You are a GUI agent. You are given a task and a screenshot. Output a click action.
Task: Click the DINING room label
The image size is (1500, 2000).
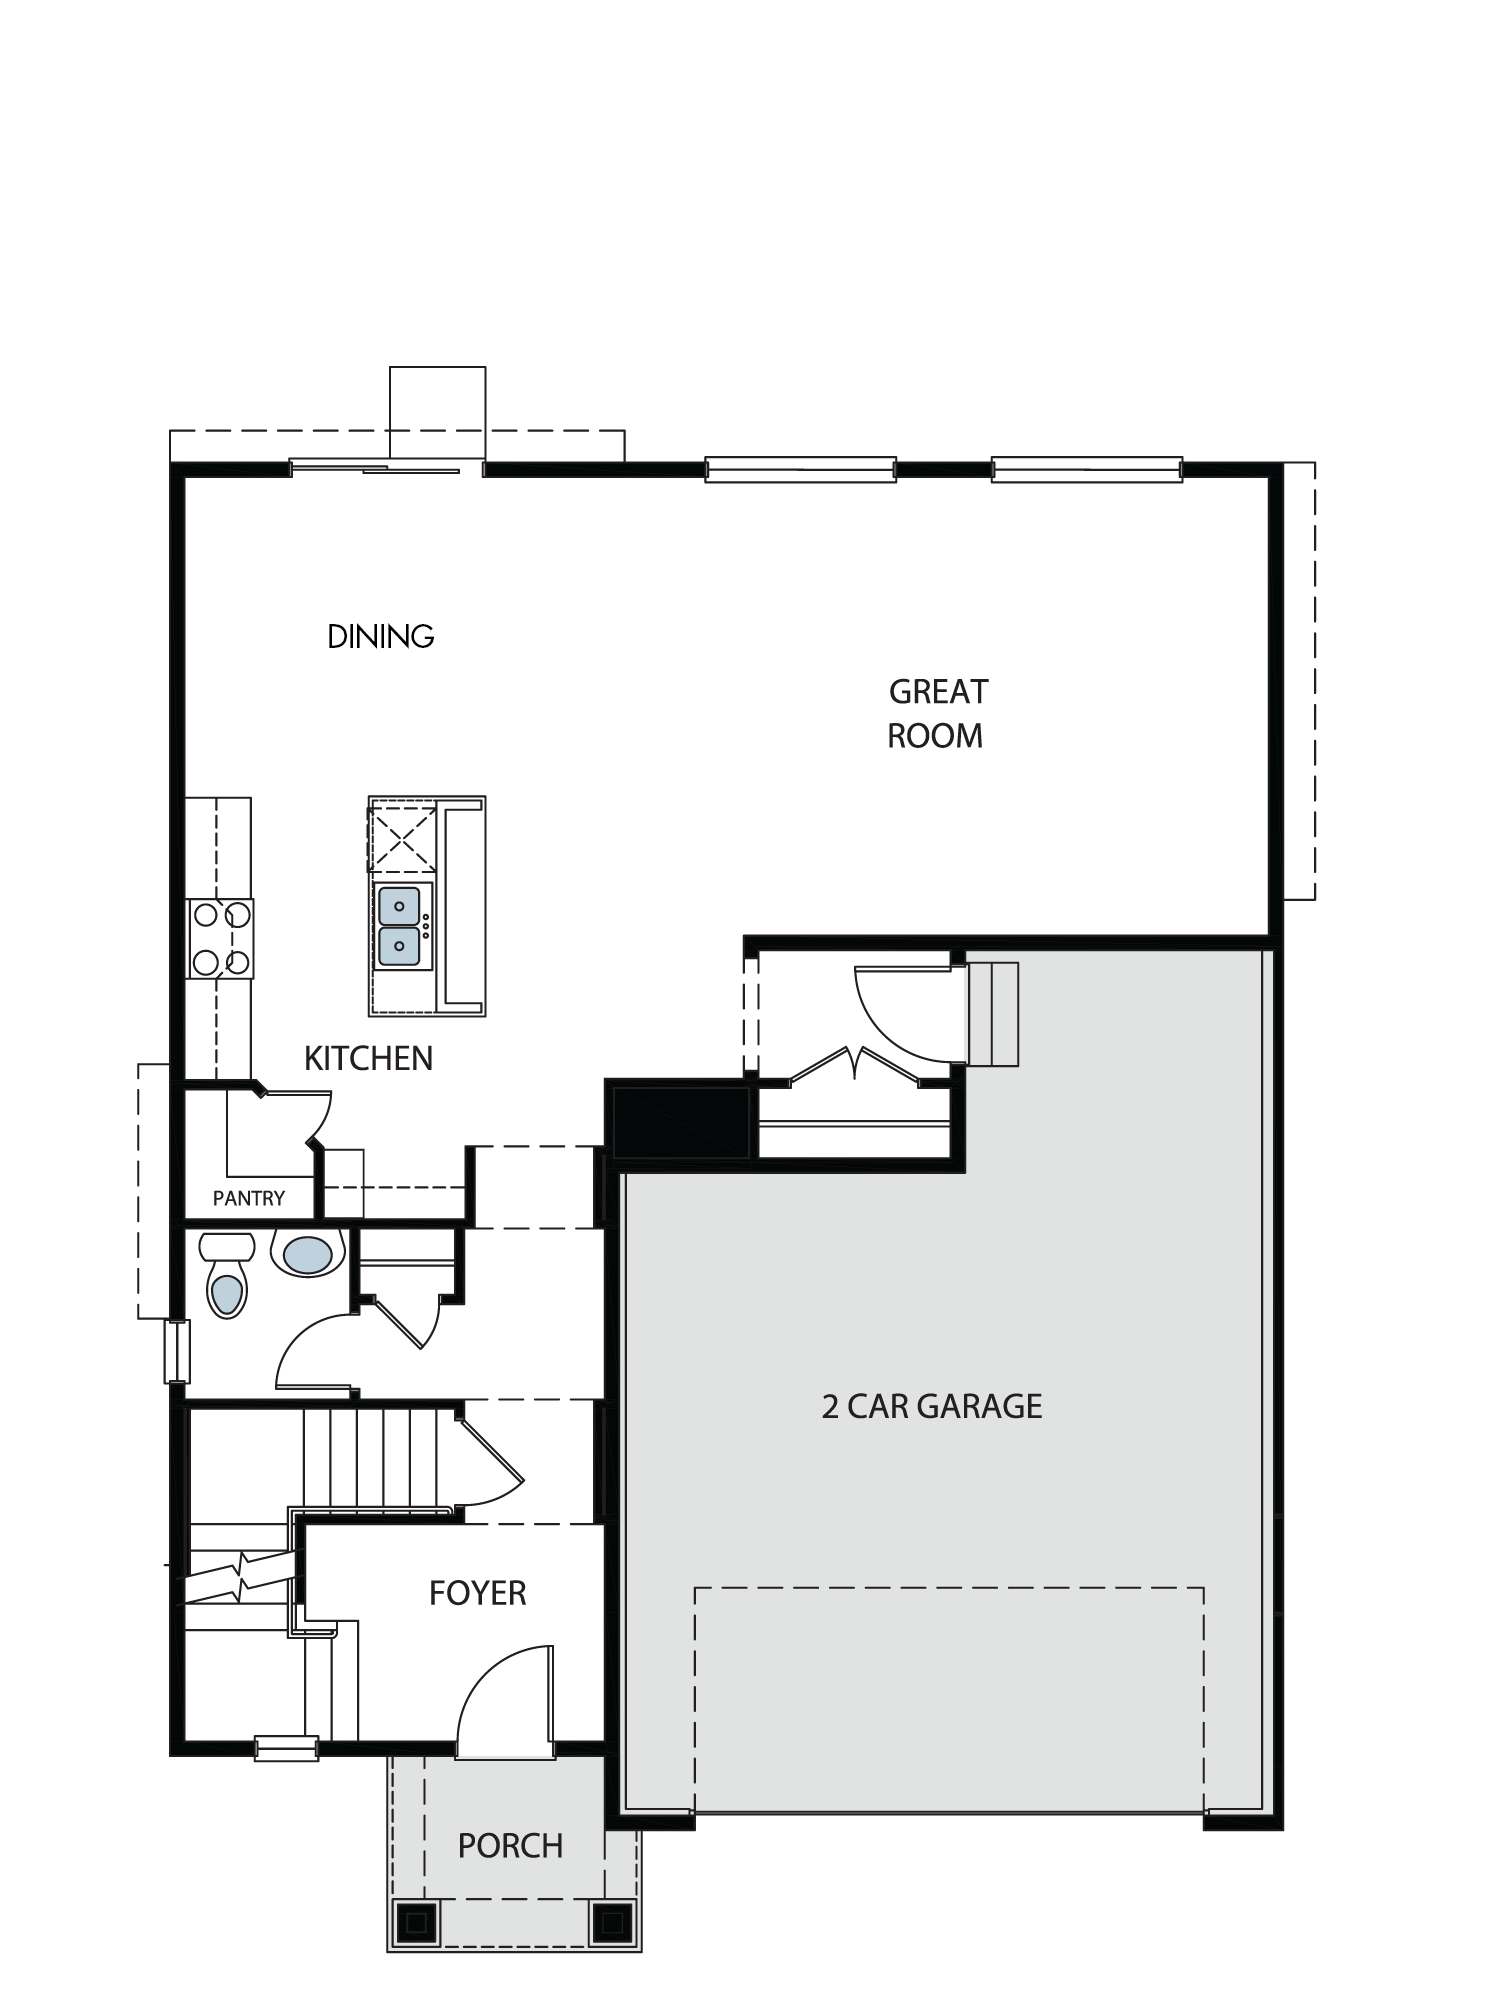[x=381, y=636]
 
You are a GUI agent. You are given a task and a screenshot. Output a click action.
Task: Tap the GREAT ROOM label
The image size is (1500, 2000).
[x=937, y=713]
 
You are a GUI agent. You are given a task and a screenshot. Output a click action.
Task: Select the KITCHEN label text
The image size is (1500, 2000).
[x=368, y=1058]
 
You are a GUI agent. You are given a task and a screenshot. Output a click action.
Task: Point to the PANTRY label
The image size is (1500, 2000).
[x=249, y=1198]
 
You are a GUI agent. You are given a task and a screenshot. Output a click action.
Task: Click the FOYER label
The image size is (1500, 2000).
[x=477, y=1593]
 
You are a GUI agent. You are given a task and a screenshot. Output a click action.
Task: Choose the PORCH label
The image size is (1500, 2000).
[x=510, y=1845]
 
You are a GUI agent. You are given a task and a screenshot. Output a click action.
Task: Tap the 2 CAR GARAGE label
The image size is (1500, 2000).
[x=932, y=1407]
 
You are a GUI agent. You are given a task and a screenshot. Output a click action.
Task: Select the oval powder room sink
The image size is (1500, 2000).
[x=308, y=1254]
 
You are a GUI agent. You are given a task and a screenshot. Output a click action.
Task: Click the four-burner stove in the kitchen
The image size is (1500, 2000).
[x=221, y=938]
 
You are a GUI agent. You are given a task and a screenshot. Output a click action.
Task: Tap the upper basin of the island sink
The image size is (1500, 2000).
[x=400, y=906]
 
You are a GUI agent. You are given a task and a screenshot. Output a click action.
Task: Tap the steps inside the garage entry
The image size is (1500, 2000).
[x=993, y=1014]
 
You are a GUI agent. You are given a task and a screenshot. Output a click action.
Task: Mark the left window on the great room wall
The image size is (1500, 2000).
[x=800, y=469]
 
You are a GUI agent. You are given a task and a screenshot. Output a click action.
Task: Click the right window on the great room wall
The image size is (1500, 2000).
[x=1087, y=469]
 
